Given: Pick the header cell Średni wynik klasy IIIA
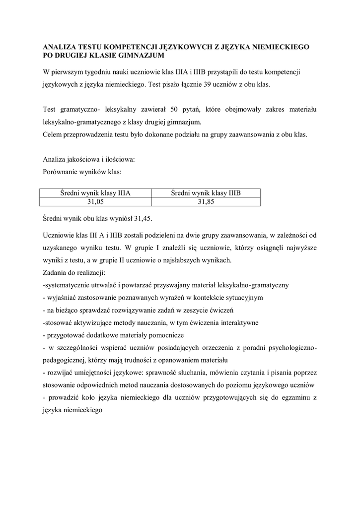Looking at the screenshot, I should [95, 193].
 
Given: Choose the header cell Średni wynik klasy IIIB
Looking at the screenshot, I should [206, 193].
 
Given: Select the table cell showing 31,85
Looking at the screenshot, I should [206, 202].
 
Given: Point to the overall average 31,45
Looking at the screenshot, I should [143, 218].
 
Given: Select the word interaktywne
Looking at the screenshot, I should [234, 323].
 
